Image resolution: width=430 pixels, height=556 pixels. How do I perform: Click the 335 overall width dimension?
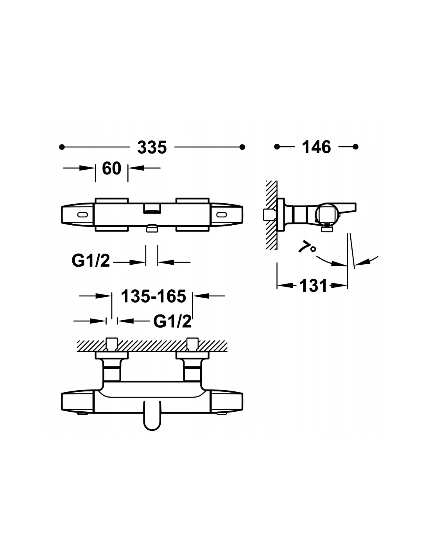coord(152,147)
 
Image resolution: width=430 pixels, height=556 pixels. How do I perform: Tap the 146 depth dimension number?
coord(316,147)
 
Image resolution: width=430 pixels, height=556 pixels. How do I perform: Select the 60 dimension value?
coord(111,169)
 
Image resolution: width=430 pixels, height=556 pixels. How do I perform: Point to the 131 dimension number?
coord(314,285)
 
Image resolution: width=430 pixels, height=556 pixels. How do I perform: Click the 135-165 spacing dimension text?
coord(154,296)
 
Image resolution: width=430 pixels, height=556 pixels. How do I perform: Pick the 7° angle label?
coord(307,247)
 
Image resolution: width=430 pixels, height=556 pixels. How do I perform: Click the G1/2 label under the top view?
coord(91,261)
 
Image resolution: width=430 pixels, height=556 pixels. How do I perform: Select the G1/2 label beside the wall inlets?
coord(172,321)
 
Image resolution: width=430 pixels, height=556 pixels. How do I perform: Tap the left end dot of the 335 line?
coord(61,147)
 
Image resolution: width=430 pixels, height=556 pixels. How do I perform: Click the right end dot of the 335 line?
coord(242,147)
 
